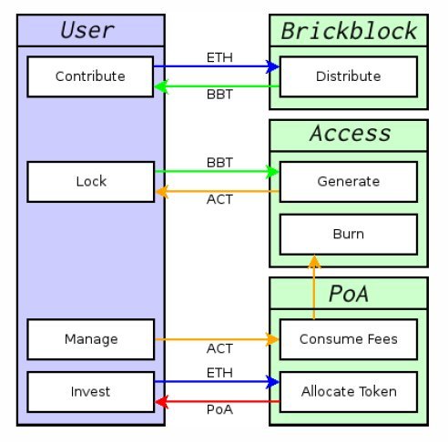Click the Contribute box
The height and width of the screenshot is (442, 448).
90,76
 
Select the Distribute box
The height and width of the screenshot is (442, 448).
349,76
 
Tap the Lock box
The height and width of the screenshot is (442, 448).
91,182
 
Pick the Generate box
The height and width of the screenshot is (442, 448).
349,182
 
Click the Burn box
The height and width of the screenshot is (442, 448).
349,235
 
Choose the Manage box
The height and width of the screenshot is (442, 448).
91,339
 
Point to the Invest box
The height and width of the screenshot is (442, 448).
91,392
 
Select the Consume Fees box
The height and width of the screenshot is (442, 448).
349,339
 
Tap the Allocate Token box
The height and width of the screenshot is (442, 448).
349,392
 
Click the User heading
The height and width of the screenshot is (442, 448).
87,30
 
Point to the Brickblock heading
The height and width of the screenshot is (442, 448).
349,31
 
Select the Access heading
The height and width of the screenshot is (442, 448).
351,134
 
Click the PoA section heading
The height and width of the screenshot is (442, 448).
349,294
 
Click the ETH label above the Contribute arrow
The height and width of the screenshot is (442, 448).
219,57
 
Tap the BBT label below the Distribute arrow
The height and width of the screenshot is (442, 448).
219,95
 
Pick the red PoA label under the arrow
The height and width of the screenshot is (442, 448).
219,410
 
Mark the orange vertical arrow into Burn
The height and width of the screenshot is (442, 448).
314,287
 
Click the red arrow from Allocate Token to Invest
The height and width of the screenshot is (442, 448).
217,402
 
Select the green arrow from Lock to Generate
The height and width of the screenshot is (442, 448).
217,172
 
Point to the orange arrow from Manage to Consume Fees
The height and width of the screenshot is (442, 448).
217,339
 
